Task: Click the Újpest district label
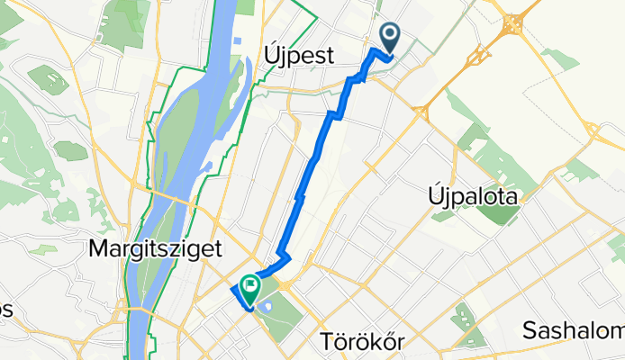coord(300,56)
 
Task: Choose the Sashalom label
coord(572,330)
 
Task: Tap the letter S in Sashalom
coord(528,330)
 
